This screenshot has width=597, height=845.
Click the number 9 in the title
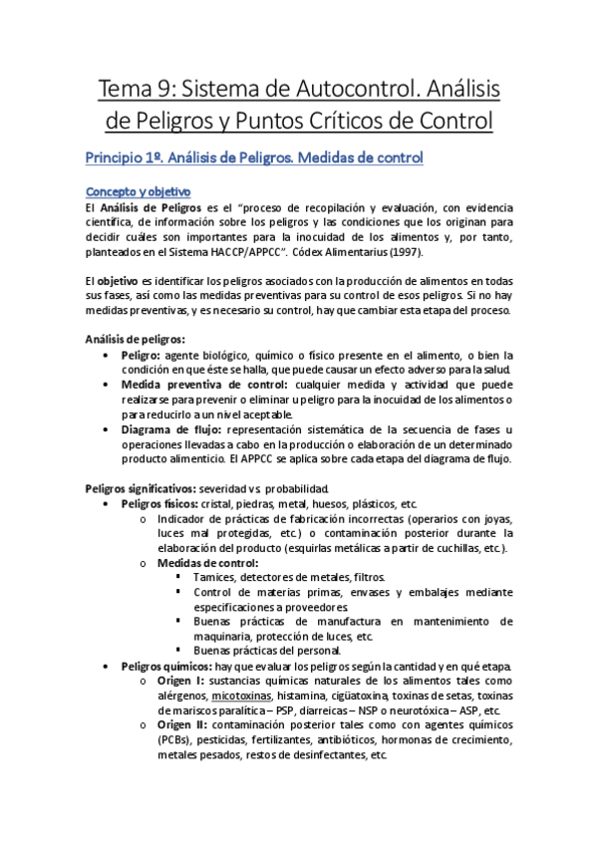click(x=162, y=92)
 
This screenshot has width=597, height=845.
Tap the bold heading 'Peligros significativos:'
click(x=140, y=488)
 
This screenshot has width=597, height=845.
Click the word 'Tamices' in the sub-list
click(x=216, y=578)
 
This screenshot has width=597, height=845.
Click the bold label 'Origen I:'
click(x=181, y=681)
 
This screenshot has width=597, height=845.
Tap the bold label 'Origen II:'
click(x=183, y=725)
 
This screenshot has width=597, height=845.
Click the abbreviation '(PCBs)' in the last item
click(x=175, y=740)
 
